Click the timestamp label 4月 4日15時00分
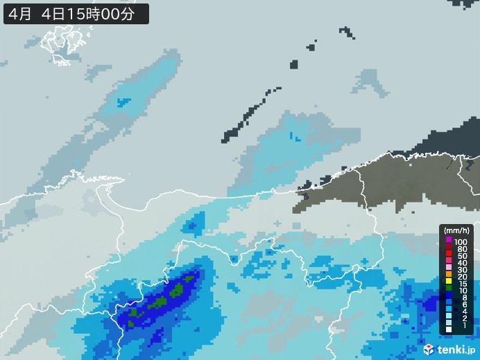click(76, 12)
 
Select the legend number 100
click(461, 241)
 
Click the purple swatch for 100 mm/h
click(449, 240)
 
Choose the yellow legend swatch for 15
click(449, 281)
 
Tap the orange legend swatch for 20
click(449, 274)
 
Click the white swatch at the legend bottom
click(449, 329)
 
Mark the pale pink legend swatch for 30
click(449, 267)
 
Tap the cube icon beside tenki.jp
click(429, 349)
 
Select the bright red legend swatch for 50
click(449, 254)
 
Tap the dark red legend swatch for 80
click(449, 247)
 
